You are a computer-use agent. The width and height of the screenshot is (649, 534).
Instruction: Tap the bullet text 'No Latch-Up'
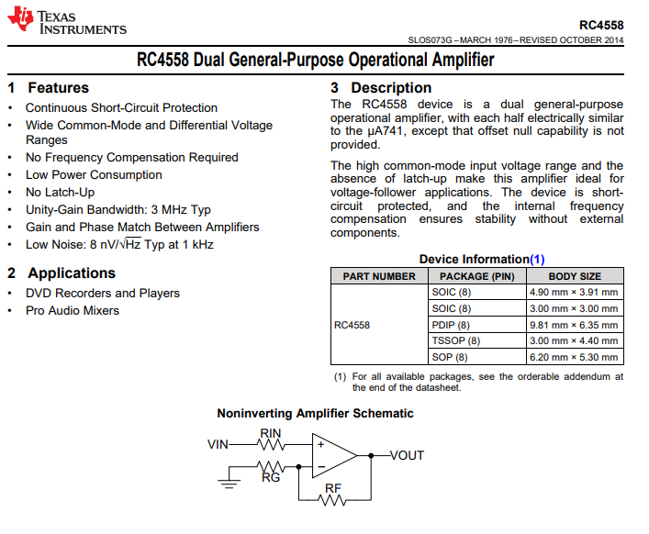pos(60,192)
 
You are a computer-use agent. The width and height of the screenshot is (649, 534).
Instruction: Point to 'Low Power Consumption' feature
pos(94,174)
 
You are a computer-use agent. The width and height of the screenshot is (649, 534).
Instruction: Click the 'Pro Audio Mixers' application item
pos(73,310)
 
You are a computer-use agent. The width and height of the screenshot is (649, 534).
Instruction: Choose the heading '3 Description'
pos(381,88)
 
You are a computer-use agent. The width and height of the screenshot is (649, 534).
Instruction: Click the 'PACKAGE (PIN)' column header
pos(476,276)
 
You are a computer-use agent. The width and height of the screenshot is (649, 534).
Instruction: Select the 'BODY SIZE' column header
pos(575,276)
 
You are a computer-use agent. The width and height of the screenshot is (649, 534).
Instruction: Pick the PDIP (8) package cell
pos(451,325)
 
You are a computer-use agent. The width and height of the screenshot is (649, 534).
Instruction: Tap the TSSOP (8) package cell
pos(455,340)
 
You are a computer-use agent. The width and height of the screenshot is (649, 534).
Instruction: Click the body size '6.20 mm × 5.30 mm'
pos(574,357)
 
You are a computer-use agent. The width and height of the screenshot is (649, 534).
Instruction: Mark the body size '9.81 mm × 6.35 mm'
pos(574,325)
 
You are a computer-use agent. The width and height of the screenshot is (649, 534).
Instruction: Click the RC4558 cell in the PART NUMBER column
pos(352,325)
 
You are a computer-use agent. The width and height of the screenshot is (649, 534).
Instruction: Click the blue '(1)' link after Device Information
pos(537,260)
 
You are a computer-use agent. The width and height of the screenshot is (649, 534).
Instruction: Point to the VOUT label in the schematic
pos(407,455)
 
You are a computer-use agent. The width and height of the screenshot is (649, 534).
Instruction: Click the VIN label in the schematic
pos(218,444)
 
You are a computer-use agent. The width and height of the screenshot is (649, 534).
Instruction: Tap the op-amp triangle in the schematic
pos(335,455)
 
